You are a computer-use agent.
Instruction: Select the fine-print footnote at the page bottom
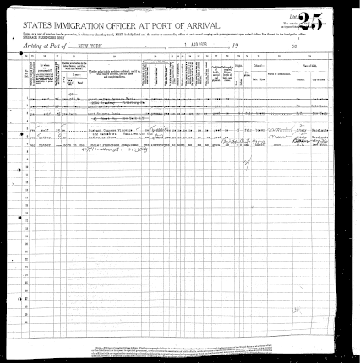tap(211, 349)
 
